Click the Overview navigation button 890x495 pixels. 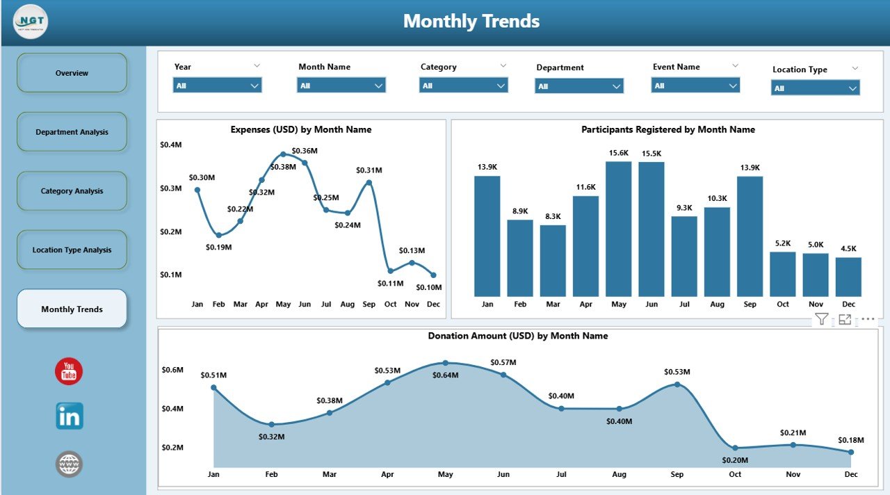(72, 73)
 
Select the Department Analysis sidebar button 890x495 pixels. (72, 132)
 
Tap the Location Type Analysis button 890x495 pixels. (72, 250)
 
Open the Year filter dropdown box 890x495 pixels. (217, 86)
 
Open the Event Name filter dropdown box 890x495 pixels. (695, 86)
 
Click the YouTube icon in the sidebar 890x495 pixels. (69, 372)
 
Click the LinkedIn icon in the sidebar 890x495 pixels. (70, 416)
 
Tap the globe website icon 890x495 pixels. (69, 464)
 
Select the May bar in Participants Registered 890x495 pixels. (618, 229)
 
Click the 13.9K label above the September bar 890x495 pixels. (750, 168)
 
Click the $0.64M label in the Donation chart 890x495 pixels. (445, 375)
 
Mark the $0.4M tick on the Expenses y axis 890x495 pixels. (170, 145)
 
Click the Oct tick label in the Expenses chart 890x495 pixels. (390, 304)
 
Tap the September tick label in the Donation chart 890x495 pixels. (677, 474)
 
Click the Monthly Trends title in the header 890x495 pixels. (471, 21)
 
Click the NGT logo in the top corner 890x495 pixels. (31, 22)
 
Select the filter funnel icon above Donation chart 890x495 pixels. (821, 319)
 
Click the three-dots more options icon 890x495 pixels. (868, 319)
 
